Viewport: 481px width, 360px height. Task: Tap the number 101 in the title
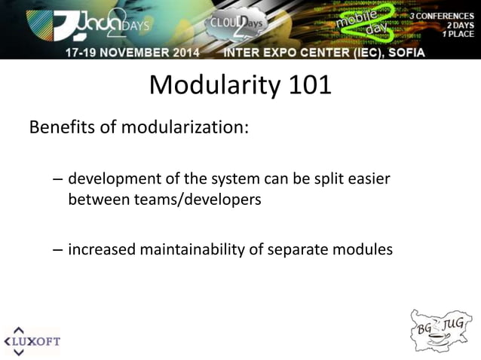[x=308, y=84]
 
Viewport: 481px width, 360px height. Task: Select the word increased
[x=100, y=249]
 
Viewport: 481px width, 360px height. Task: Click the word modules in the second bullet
[x=366, y=249]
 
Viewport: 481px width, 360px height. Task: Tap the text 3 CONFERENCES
[x=442, y=16]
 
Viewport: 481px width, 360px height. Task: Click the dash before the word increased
[x=58, y=249]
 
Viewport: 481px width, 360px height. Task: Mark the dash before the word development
[x=58, y=182]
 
